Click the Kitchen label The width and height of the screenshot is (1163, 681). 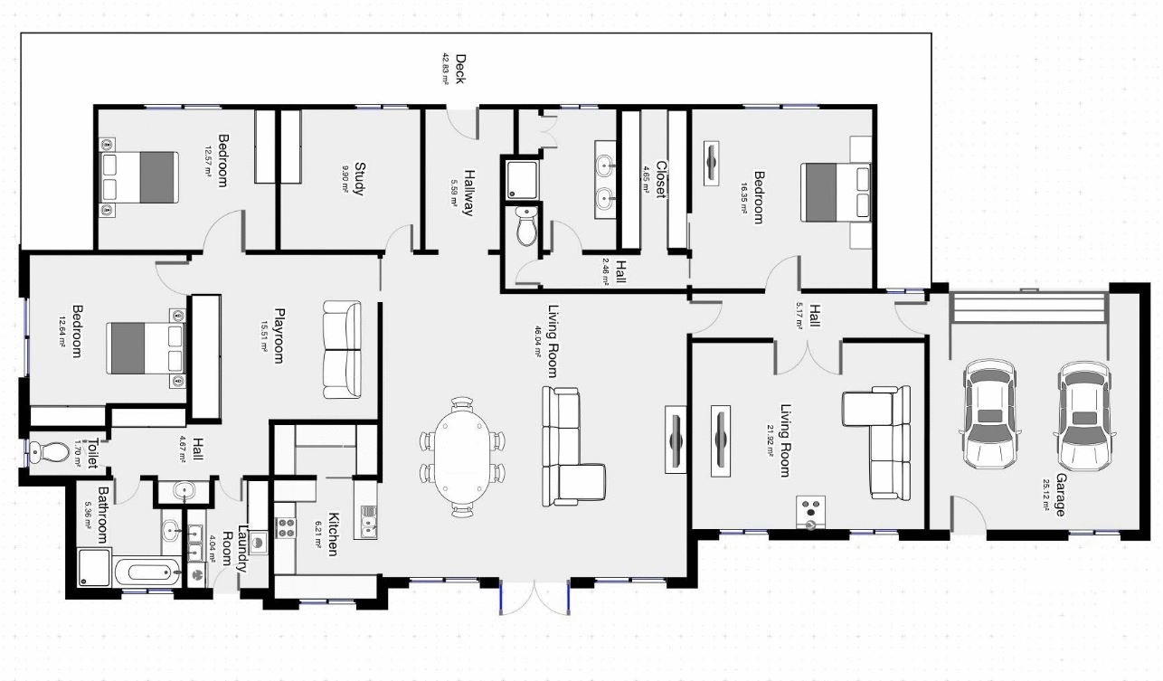click(x=333, y=534)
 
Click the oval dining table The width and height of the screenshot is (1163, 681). click(x=462, y=457)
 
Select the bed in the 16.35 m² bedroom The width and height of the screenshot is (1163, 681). click(x=837, y=192)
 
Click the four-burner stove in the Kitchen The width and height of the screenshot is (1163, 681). click(x=285, y=527)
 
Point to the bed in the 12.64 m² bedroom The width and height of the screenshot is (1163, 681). click(x=146, y=348)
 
